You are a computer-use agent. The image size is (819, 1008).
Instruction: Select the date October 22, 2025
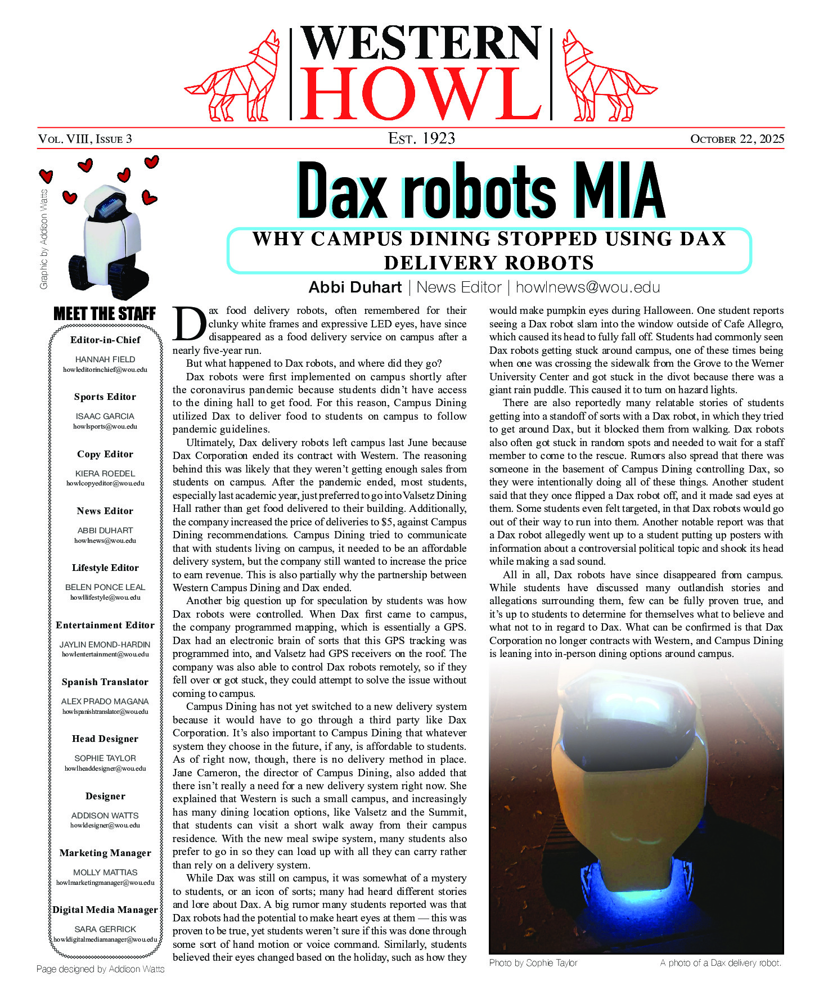[x=737, y=139]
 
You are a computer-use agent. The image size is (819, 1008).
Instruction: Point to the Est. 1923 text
[x=421, y=138]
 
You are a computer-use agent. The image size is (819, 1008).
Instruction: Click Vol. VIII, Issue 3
[x=85, y=139]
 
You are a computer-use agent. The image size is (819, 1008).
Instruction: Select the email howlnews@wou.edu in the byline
[x=587, y=287]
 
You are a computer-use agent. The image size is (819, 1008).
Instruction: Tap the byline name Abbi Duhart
[x=355, y=287]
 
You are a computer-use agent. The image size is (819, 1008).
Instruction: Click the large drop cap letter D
[x=190, y=325]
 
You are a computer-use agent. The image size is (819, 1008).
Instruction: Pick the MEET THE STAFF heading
[x=105, y=314]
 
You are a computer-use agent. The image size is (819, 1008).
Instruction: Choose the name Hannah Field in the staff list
[x=105, y=359]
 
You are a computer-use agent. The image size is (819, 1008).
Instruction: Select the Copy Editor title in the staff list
[x=105, y=454]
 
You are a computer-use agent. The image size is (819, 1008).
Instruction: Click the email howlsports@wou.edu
[x=105, y=426]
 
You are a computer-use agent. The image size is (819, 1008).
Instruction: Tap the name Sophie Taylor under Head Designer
[x=105, y=758]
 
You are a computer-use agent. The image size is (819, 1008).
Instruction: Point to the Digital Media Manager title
[x=105, y=910]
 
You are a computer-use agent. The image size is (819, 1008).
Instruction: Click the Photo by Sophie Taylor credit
[x=533, y=962]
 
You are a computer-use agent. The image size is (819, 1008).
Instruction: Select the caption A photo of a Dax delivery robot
[x=721, y=962]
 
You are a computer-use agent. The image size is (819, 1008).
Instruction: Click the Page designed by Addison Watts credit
[x=101, y=969]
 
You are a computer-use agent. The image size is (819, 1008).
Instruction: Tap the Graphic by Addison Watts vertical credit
[x=44, y=239]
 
